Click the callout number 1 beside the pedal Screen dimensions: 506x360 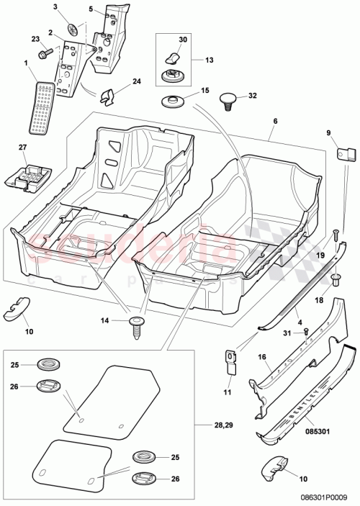tap(27, 64)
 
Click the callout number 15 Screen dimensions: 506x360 tap(204, 91)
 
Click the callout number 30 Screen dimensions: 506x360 tap(182, 40)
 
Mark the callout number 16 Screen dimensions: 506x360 tap(262, 356)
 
